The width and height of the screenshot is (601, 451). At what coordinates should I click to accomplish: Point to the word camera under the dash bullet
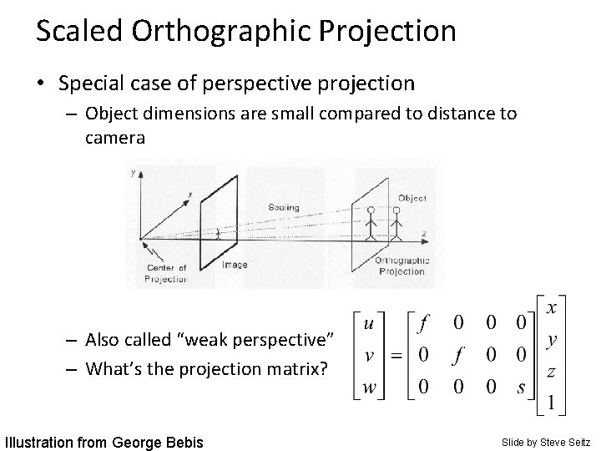[x=115, y=138]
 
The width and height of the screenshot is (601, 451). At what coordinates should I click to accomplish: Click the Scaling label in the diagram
[x=284, y=206]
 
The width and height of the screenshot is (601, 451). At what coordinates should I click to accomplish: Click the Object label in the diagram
[x=412, y=199]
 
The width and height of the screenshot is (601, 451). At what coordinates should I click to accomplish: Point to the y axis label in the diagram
[x=134, y=172]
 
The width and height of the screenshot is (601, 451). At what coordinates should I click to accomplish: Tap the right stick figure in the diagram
[x=396, y=224]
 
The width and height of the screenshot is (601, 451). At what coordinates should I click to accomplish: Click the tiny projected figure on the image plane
[x=218, y=235]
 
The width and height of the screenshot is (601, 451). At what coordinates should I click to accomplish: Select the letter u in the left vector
[x=368, y=322]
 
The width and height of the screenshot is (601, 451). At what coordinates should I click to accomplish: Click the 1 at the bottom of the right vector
[x=550, y=403]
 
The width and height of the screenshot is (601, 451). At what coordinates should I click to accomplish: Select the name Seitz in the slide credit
[x=575, y=440]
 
